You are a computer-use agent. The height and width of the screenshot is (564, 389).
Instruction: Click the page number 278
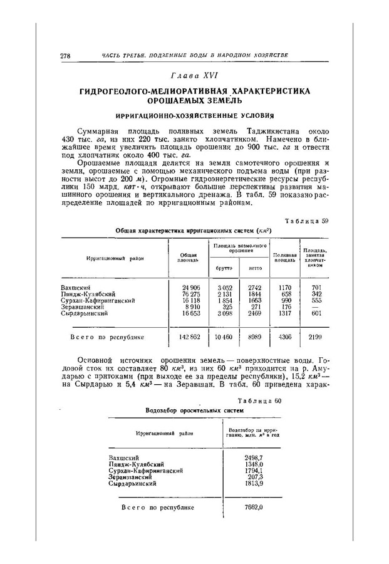click(64, 56)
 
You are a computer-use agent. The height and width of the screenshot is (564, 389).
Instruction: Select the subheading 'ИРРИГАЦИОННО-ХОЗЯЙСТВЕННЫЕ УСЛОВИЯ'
click(195, 115)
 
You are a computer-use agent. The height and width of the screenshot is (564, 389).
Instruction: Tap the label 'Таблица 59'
click(307, 221)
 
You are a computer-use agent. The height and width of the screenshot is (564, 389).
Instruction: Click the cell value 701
click(316, 287)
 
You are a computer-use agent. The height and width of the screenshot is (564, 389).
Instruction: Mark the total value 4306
click(285, 337)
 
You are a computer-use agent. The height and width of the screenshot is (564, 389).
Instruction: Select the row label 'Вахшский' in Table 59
click(74, 287)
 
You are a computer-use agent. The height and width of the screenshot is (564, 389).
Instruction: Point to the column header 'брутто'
click(224, 268)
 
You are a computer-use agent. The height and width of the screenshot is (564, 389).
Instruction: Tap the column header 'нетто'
click(255, 268)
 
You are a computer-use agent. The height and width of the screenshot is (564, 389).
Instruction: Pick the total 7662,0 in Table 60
click(253, 508)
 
